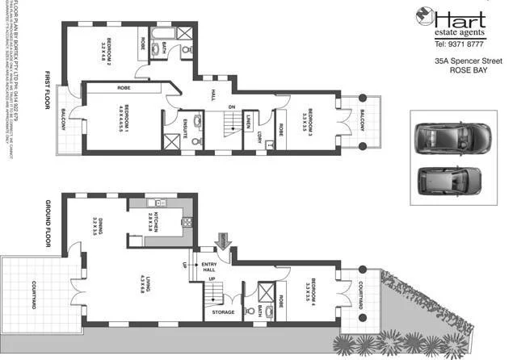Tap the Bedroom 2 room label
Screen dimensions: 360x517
click(x=104, y=50)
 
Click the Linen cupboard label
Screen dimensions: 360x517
click(x=247, y=123)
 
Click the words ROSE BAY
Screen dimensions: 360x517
click(x=470, y=71)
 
